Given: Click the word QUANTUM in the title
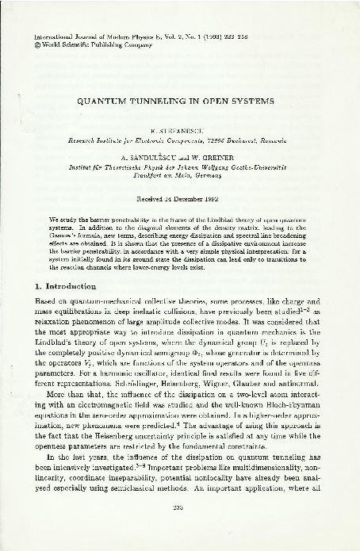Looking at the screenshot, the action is click(x=121, y=102).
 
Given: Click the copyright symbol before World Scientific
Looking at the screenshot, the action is click(x=29, y=46).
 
